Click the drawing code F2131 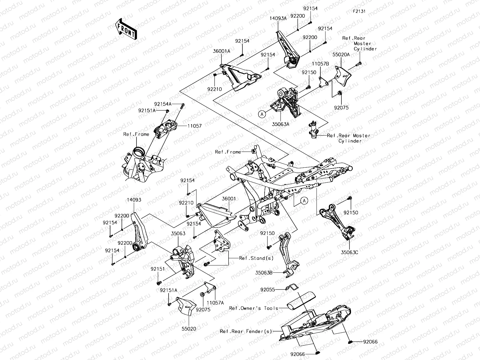point(359,12)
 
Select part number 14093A point(278,18)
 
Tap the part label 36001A point(221,51)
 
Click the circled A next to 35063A point(262,114)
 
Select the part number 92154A point(163,104)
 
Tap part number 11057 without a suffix point(194,126)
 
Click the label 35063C point(349,252)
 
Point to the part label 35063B point(264,273)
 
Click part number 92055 point(268,290)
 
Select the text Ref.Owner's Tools point(253,308)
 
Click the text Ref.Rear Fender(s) point(246,331)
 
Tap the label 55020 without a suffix point(189,329)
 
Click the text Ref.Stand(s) point(252,258)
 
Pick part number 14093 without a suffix point(134,200)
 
